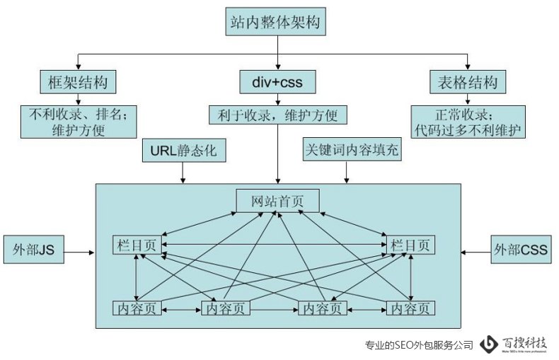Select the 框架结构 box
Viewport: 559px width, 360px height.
pos(78,81)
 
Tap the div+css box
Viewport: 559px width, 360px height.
pos(277,81)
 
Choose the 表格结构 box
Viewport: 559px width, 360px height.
pos(468,81)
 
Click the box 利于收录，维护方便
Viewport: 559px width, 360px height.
pos(277,114)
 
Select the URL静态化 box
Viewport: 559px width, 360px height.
pos(182,151)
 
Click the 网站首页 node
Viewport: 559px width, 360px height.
pos(277,200)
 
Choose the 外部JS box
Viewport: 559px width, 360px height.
pos(34,250)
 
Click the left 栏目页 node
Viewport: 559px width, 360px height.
pos(137,245)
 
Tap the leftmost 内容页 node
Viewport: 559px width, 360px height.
pos(137,308)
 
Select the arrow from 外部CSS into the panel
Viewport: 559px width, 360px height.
pos(476,251)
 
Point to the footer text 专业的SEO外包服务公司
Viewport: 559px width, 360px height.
pos(418,345)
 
